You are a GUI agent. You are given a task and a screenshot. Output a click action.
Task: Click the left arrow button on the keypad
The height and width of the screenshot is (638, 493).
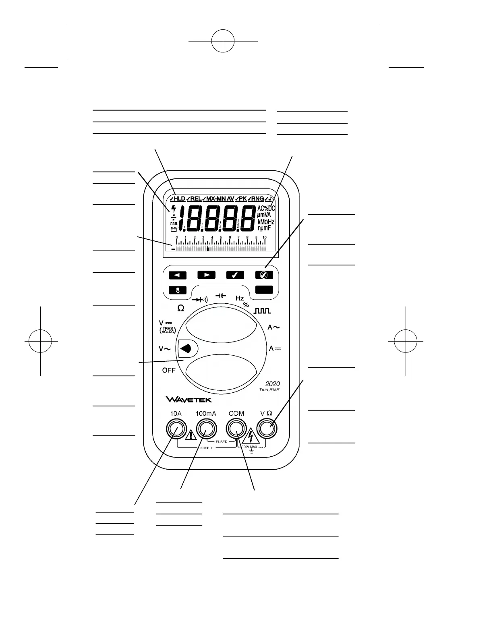(x=178, y=275)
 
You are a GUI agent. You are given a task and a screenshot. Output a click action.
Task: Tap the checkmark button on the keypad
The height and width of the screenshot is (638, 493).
(x=235, y=275)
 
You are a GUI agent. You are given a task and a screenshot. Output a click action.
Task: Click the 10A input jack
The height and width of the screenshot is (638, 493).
(x=176, y=429)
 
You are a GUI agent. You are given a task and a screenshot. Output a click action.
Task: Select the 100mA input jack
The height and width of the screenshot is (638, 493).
(x=206, y=429)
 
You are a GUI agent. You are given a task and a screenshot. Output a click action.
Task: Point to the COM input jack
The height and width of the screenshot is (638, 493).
(x=236, y=429)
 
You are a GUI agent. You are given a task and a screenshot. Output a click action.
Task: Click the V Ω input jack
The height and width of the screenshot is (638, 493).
(x=267, y=429)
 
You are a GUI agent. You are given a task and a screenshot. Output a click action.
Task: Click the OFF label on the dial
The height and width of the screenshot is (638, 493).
(x=169, y=370)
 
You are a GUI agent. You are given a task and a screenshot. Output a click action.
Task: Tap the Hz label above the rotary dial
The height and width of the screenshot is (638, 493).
(x=240, y=298)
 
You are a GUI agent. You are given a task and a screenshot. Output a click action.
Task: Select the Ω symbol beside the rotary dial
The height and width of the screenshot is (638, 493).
(x=181, y=308)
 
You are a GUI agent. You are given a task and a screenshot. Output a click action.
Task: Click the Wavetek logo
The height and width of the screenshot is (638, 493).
(x=188, y=400)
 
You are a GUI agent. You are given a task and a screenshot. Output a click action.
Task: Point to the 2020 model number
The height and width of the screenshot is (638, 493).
(x=272, y=384)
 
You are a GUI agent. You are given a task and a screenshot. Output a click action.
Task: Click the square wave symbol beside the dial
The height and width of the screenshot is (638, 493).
(x=262, y=311)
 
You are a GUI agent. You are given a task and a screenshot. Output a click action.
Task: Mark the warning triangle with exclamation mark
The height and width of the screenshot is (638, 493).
(x=190, y=435)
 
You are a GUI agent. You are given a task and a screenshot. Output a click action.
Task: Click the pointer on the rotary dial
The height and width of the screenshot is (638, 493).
(x=186, y=349)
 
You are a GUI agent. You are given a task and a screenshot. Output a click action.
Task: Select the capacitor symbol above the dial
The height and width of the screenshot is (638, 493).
(x=220, y=296)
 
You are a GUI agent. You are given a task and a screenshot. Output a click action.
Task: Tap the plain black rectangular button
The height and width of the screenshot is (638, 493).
(x=264, y=290)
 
